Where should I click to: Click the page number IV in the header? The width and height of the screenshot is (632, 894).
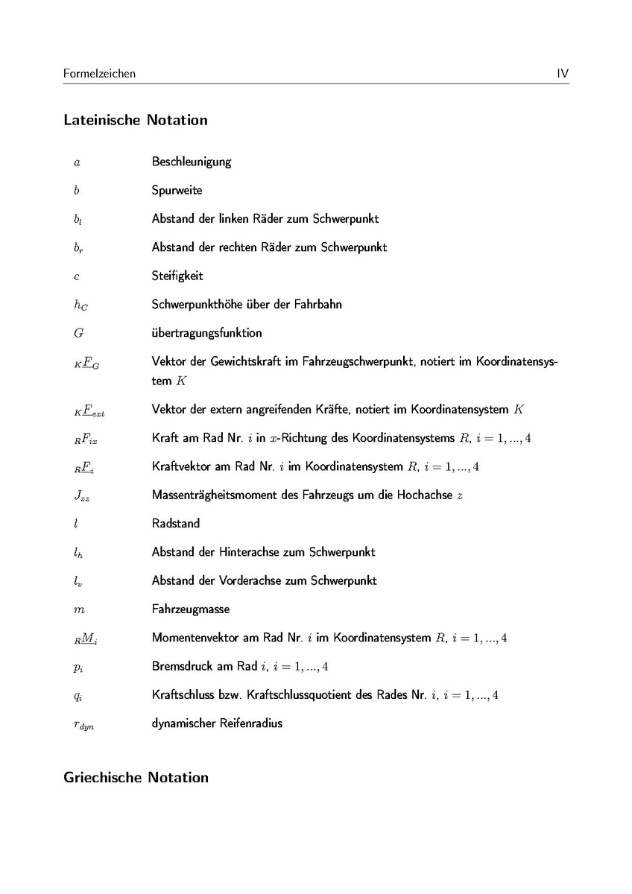tap(563, 74)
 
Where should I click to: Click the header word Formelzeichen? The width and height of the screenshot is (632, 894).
tap(100, 74)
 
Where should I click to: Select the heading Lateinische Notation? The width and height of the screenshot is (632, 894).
tap(136, 120)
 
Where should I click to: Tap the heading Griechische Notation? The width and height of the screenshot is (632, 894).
tap(136, 778)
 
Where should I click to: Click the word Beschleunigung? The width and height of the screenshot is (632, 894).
tap(192, 162)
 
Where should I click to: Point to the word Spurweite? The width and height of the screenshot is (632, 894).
tap(177, 190)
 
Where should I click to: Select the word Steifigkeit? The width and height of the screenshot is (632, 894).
tap(177, 276)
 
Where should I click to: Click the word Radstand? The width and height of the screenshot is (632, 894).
tap(176, 523)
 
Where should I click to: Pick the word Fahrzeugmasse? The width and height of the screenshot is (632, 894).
tap(191, 609)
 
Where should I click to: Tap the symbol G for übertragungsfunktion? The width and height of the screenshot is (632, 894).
tap(78, 333)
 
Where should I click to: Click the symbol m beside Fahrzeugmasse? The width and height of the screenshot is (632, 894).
tap(79, 609)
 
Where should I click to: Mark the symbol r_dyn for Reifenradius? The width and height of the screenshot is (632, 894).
tap(83, 724)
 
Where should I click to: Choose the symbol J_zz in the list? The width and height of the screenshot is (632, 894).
tap(81, 495)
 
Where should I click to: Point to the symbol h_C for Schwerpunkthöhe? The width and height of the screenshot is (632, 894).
tap(80, 305)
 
